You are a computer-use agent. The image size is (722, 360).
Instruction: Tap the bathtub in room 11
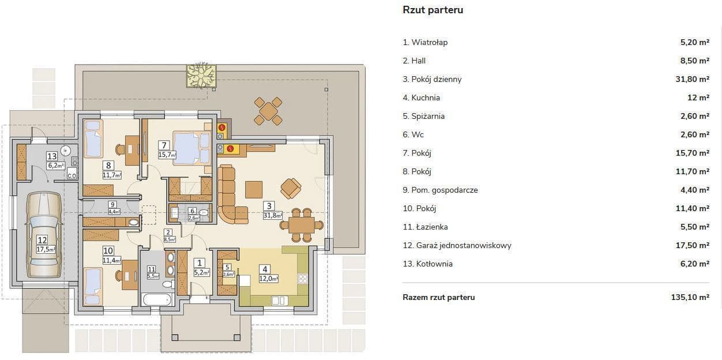click(156, 299)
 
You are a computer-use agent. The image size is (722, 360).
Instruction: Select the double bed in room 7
click(192, 148)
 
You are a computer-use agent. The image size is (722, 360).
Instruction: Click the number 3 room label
click(269, 205)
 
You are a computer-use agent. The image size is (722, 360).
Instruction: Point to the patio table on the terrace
click(268, 111)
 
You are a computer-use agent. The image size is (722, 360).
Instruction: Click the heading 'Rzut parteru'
click(433, 10)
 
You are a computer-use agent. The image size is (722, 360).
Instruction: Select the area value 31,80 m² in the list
click(693, 80)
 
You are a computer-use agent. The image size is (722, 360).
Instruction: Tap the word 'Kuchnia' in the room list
click(426, 97)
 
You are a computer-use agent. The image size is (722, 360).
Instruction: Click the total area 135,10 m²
click(690, 298)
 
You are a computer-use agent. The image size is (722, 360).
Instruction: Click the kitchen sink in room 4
click(279, 301)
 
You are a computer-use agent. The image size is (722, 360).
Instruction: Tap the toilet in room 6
click(204, 213)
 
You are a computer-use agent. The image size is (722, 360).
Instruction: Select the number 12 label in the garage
click(42, 240)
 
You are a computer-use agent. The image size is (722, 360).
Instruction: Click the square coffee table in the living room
click(254, 190)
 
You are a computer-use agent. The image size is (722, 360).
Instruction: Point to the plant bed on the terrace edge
click(201, 76)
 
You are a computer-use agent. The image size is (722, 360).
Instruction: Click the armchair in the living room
click(291, 189)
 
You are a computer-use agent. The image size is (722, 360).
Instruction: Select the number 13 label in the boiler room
click(52, 156)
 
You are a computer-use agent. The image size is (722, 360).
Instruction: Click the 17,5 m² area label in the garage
click(46, 249)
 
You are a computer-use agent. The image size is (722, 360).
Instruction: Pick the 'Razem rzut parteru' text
click(439, 298)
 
